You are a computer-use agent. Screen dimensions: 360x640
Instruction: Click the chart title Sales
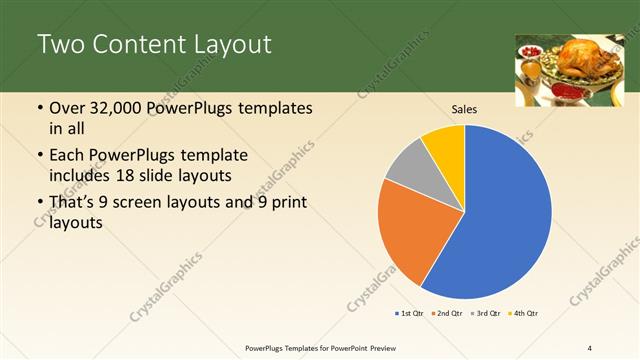point(464,108)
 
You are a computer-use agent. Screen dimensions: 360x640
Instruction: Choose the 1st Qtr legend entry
point(410,314)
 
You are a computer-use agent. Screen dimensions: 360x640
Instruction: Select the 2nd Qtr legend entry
point(446,314)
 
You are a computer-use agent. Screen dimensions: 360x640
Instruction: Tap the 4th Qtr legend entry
point(523,314)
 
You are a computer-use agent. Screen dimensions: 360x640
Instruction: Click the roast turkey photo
point(561,70)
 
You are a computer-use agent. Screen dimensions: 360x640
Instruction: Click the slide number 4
point(590,348)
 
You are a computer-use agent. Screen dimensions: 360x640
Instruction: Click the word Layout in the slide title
point(232,45)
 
